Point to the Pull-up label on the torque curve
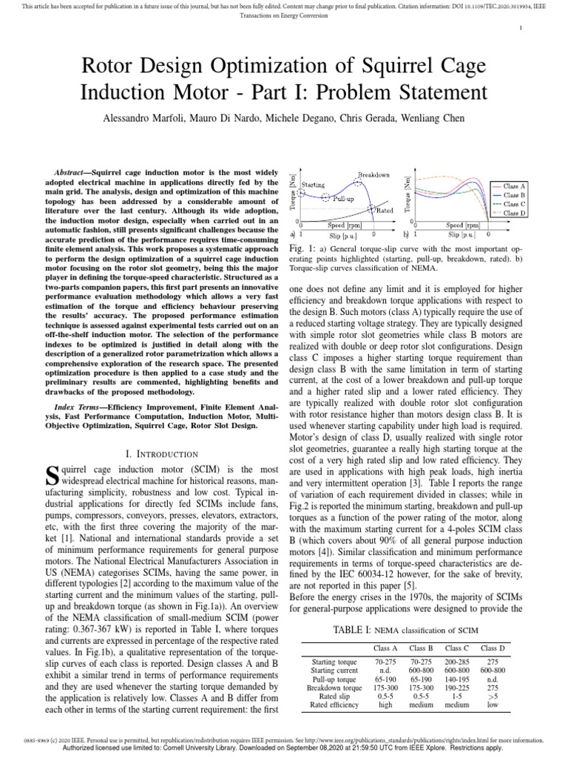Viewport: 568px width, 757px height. coord(343,199)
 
